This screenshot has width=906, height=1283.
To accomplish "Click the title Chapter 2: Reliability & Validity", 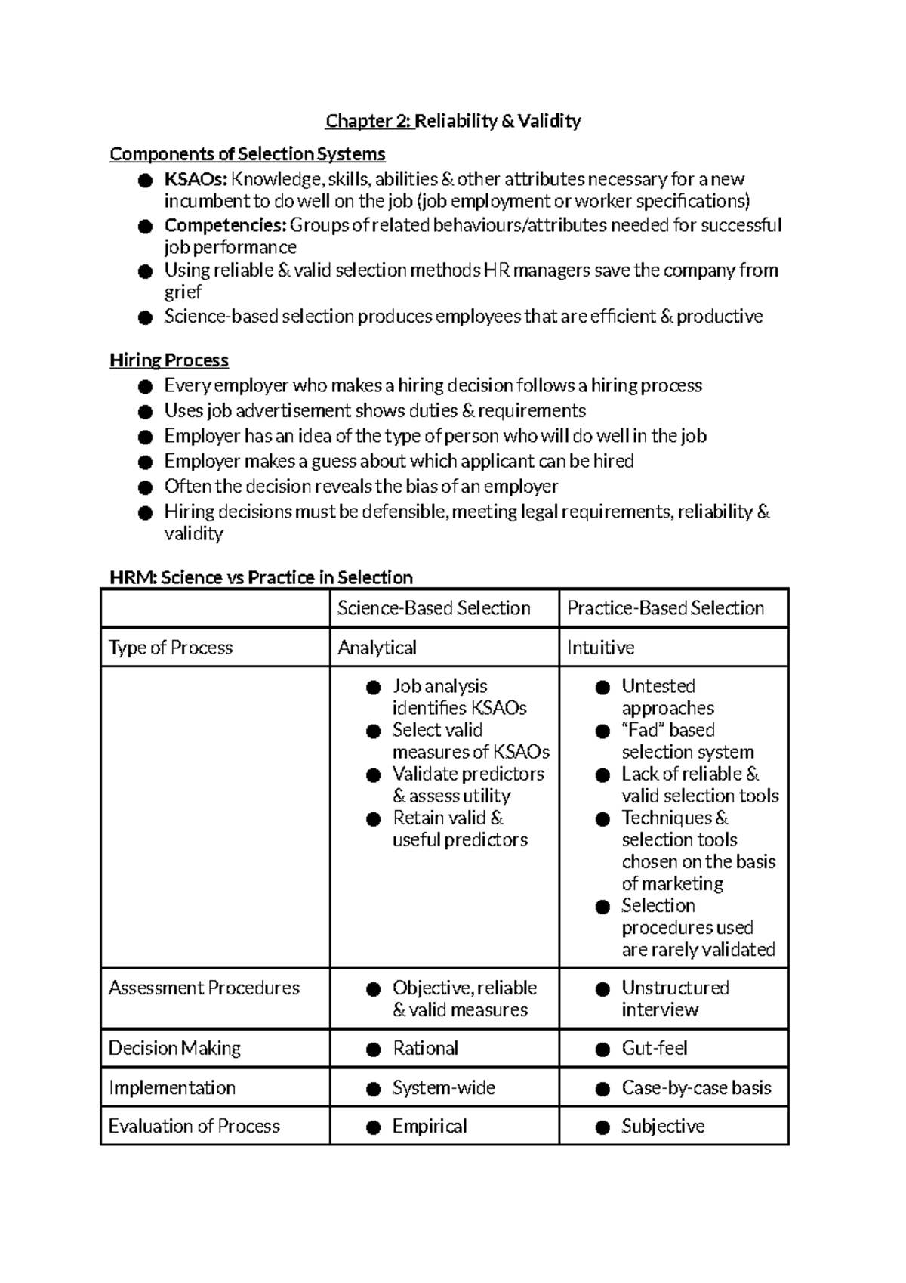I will pyautogui.click(x=453, y=121).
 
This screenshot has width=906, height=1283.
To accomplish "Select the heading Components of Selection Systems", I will pyautogui.click(x=247, y=154).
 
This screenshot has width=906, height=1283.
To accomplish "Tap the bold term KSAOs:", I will pyautogui.click(x=195, y=180).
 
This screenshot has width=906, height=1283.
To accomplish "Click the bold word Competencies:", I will pyautogui.click(x=225, y=226).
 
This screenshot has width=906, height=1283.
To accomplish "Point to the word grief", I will pyautogui.click(x=183, y=293).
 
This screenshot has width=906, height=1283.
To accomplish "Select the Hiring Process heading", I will pyautogui.click(x=169, y=360).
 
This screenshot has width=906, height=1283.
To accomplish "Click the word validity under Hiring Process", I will pyautogui.click(x=193, y=534).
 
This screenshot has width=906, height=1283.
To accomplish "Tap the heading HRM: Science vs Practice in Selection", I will pyautogui.click(x=261, y=578).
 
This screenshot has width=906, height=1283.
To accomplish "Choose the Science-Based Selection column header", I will pyautogui.click(x=433, y=608).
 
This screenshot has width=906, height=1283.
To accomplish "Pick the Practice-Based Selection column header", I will pyautogui.click(x=665, y=608).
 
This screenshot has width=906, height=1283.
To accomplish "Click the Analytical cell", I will pyautogui.click(x=377, y=648).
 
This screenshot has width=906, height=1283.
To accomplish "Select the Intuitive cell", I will pyautogui.click(x=600, y=648).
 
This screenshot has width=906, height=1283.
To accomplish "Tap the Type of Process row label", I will pyautogui.click(x=171, y=648).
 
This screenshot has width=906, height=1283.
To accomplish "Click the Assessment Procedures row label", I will pyautogui.click(x=204, y=988).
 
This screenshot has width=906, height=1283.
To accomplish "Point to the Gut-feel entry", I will pyautogui.click(x=654, y=1049).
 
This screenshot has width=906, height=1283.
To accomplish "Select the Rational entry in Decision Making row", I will pyautogui.click(x=425, y=1049).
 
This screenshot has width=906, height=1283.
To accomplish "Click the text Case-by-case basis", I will pyautogui.click(x=696, y=1088).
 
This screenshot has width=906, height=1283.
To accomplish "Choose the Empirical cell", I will pyautogui.click(x=429, y=1127).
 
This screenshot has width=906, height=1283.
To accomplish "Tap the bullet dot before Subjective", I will pyautogui.click(x=602, y=1128).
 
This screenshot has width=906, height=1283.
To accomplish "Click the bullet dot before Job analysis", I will pyautogui.click(x=373, y=688).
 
